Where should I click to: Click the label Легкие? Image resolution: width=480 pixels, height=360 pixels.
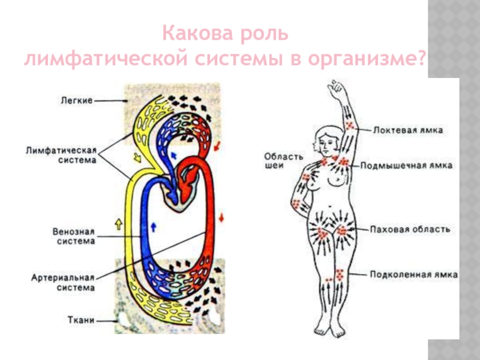coord(76,101)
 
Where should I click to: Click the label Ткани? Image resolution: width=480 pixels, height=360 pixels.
coord(82,321)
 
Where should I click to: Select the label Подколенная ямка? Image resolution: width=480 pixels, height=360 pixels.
coord(413,275)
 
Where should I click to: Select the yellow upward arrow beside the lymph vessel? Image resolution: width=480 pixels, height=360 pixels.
coord(118,225)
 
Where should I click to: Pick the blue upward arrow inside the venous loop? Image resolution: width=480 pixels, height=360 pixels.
coord(153,226)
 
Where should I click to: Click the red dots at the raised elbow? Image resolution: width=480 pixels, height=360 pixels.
coord(350,124)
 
